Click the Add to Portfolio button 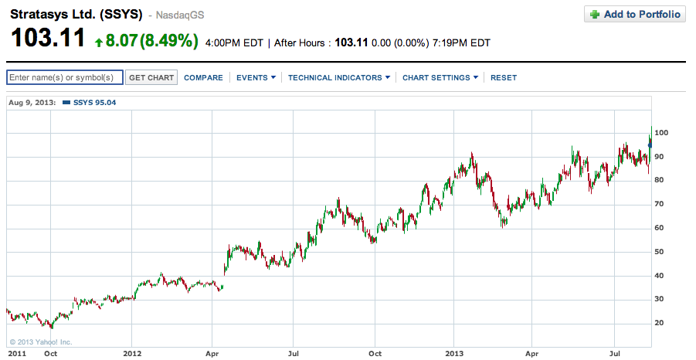pyautogui.click(x=634, y=14)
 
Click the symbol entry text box pyautogui.click(x=65, y=77)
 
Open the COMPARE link pyautogui.click(x=203, y=77)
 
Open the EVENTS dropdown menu pyautogui.click(x=255, y=77)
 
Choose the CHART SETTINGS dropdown pyautogui.click(x=440, y=77)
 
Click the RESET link pyautogui.click(x=504, y=77)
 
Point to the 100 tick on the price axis pyautogui.click(x=661, y=133)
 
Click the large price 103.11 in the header pyautogui.click(x=47, y=39)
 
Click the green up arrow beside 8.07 pyautogui.click(x=99, y=41)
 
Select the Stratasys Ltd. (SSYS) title pyautogui.click(x=76, y=14)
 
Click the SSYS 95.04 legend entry pyautogui.click(x=90, y=102)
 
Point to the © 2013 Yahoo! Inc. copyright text pyautogui.click(x=41, y=341)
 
